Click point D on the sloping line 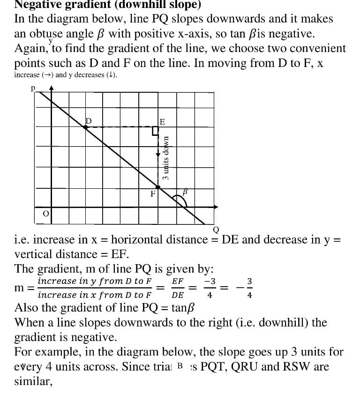coord(85,126)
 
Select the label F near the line coord(153,194)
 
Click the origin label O coord(45,214)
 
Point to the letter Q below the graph coord(216,230)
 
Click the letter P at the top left coord(33,88)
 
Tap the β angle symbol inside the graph coord(185,192)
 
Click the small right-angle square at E coord(155,131)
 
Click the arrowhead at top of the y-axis coord(52,88)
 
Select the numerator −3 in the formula coord(209,281)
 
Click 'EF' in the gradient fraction coord(178,281)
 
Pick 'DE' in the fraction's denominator coord(178,295)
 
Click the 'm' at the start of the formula coord(20,288)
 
